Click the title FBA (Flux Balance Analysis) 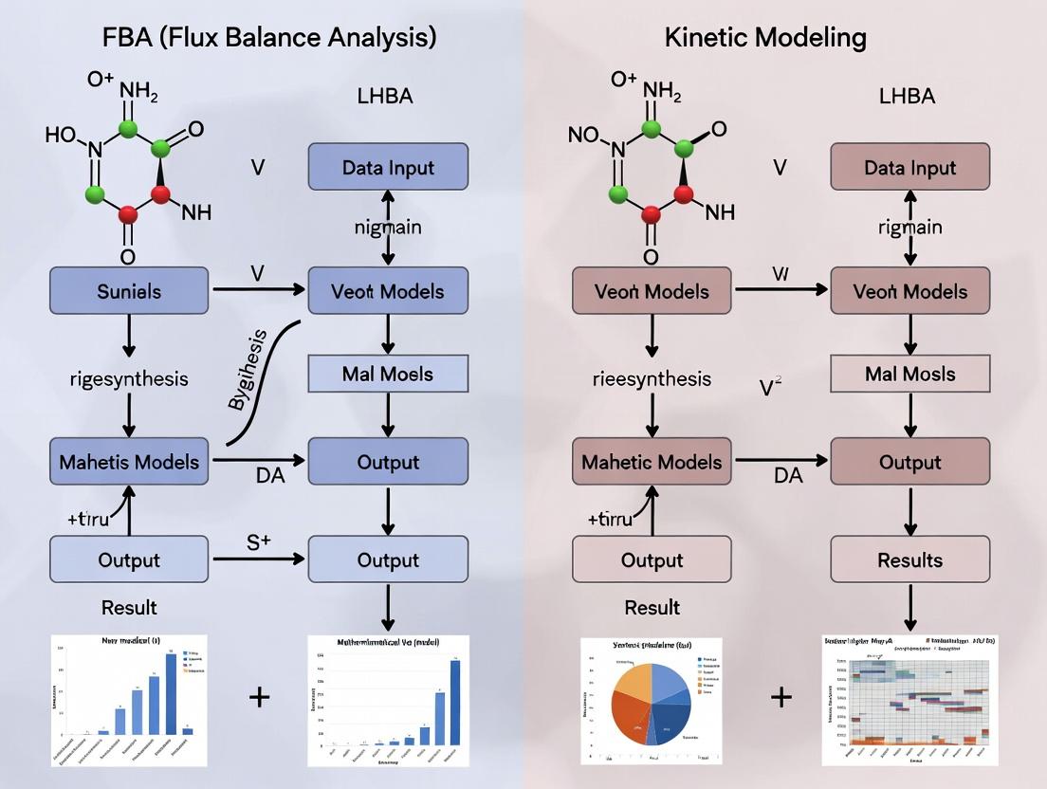[269, 38]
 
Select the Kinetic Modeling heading [765, 38]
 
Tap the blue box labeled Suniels [129, 291]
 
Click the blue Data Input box [388, 167]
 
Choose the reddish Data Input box [909, 167]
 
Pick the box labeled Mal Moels [388, 375]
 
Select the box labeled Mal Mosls [909, 375]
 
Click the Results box [909, 560]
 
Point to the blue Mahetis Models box [129, 462]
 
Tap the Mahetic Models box [652, 462]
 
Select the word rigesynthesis [129, 378]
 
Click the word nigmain [388, 228]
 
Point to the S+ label [259, 542]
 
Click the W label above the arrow [780, 274]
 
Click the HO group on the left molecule [62, 135]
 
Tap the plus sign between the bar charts [259, 697]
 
